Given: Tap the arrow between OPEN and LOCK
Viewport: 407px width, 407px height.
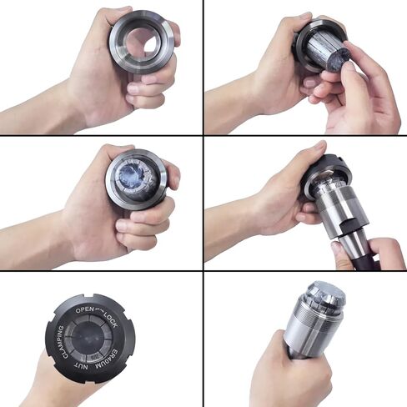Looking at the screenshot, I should pos(100,309).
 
